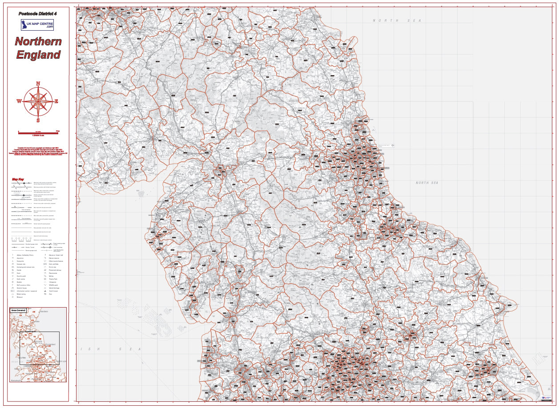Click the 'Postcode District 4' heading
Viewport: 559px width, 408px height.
point(38,14)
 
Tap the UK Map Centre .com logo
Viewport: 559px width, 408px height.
point(37,25)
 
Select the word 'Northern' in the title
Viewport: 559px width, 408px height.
point(38,42)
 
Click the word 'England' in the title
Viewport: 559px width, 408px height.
point(38,55)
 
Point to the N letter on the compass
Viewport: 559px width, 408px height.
point(38,84)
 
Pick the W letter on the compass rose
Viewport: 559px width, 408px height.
point(19,101)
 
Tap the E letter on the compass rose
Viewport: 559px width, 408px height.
point(56,101)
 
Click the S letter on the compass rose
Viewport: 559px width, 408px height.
point(38,120)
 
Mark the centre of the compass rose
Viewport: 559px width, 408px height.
point(38,101)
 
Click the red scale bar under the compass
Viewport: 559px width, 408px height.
point(38,132)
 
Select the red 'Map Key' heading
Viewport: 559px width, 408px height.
point(18,180)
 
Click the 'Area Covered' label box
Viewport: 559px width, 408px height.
point(18,310)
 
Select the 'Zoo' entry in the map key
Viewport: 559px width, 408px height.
point(51,294)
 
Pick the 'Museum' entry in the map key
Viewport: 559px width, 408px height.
point(20,297)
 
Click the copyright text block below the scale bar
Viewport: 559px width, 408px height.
point(38,151)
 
